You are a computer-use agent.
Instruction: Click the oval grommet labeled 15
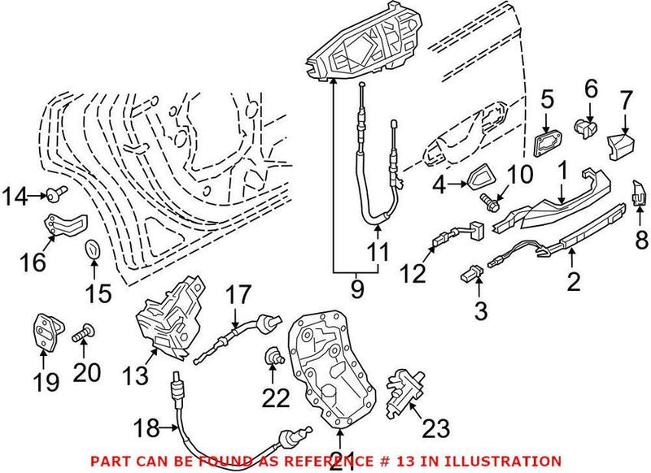click(93, 247)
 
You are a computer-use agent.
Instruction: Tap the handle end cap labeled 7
click(619, 147)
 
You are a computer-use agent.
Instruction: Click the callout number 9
click(353, 288)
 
